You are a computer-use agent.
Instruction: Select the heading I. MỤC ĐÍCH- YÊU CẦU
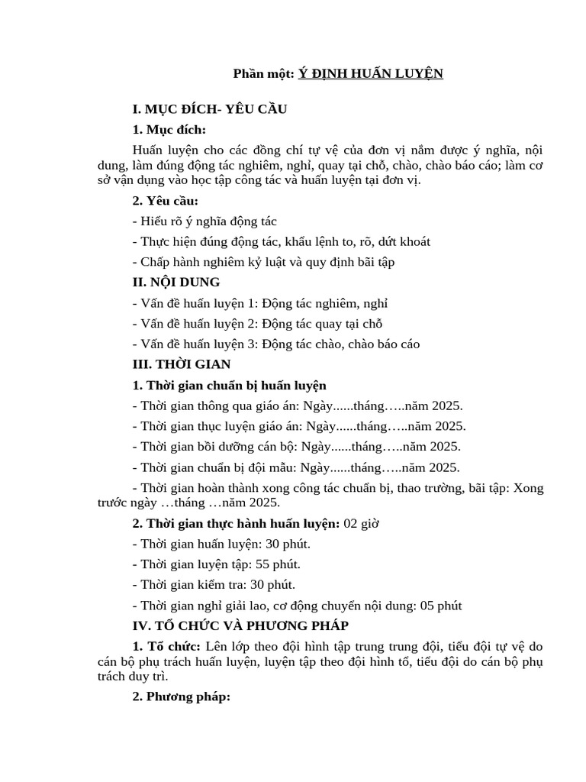point(209,109)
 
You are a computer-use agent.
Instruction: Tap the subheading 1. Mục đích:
point(169,129)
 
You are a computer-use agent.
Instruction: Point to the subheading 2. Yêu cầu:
point(165,201)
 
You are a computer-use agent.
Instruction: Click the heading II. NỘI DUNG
point(176,283)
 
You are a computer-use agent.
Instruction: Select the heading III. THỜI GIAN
point(182,364)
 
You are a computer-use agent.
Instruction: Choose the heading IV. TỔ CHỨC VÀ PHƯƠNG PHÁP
point(240,625)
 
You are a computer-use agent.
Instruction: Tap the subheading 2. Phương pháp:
point(181,697)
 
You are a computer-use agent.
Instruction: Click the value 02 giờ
point(361,524)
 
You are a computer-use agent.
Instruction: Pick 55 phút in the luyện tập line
point(282,564)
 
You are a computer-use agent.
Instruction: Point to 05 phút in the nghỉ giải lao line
point(441,606)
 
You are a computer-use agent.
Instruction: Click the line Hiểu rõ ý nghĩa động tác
point(204,221)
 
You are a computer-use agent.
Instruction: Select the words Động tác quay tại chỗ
point(321,324)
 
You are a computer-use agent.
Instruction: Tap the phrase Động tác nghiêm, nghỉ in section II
point(324,303)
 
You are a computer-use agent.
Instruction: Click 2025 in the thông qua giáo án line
point(446,406)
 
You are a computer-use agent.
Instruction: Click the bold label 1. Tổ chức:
point(167,646)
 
